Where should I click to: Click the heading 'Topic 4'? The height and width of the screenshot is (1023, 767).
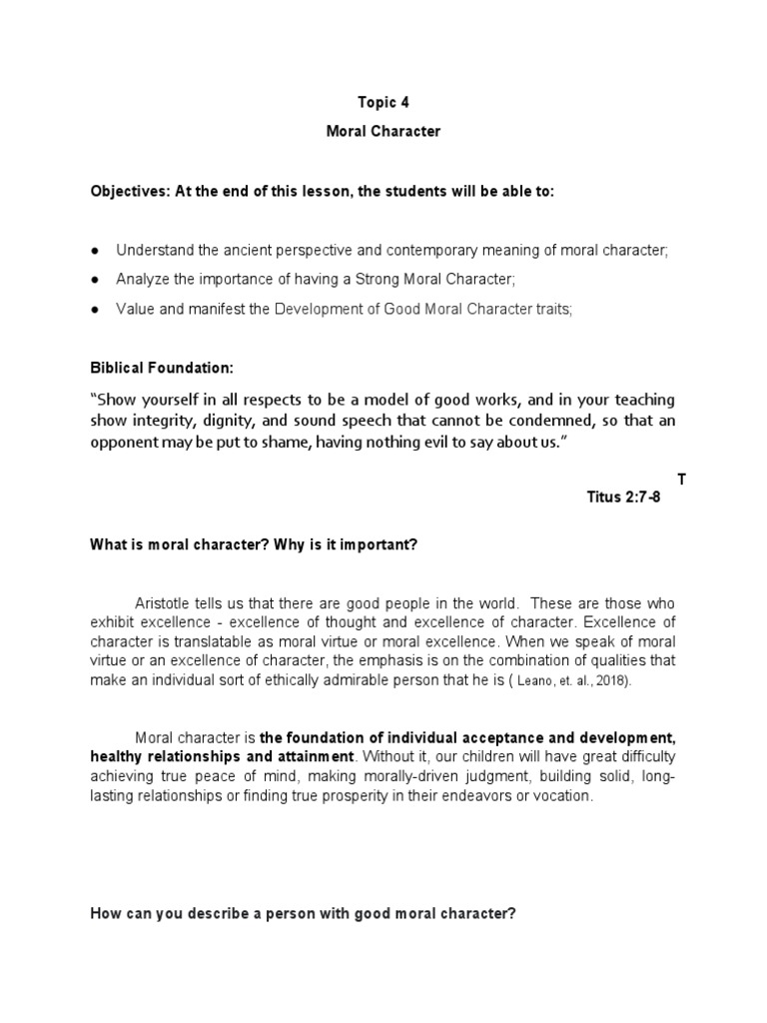(383, 102)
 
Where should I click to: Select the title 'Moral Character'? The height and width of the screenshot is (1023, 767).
(383, 132)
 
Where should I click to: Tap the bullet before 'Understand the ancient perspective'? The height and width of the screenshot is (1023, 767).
(95, 251)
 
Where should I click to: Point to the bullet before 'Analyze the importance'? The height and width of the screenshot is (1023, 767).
(95, 280)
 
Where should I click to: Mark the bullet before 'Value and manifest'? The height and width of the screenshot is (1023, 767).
(95, 310)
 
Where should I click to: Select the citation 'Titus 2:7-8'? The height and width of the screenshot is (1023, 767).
(623, 496)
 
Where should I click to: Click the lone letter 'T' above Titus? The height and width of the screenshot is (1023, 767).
(682, 480)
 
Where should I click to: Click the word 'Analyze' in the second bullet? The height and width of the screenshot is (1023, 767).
(142, 280)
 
